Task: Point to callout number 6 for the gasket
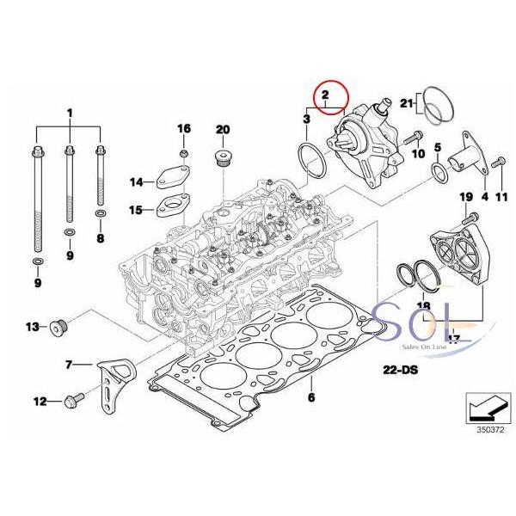point(311,398)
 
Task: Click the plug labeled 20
point(222,159)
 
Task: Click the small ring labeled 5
point(439,175)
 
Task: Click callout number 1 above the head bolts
point(69,113)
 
